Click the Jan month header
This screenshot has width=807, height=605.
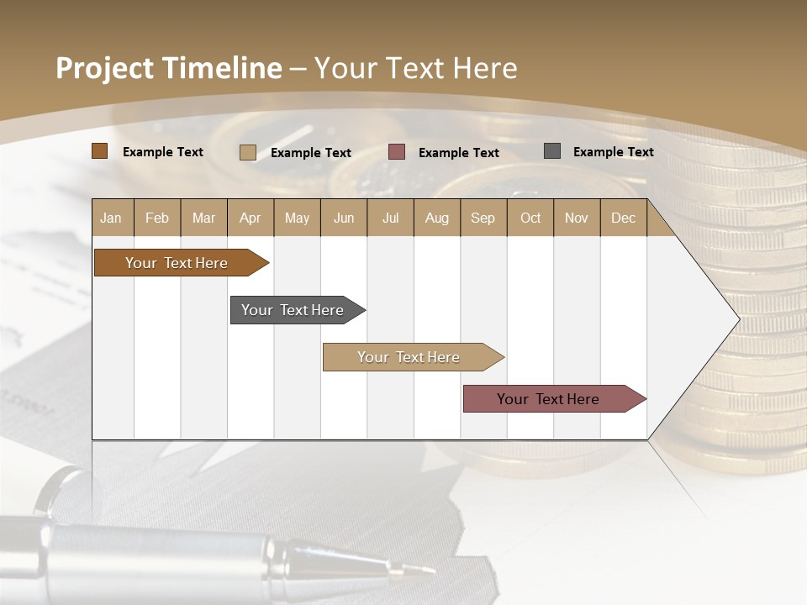[112, 218]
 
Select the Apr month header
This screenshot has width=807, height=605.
[251, 218]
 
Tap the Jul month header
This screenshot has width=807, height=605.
[390, 218]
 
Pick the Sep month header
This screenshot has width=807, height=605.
[483, 218]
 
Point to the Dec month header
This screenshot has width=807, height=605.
[623, 218]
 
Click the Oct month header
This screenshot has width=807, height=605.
[530, 218]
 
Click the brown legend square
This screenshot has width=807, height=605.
[100, 151]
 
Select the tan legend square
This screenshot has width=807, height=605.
[248, 152]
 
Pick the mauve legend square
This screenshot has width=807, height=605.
[397, 151]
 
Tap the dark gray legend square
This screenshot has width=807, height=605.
[552, 151]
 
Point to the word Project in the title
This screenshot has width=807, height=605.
[104, 68]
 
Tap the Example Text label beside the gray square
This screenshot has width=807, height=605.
[613, 151]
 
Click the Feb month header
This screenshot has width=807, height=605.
[157, 218]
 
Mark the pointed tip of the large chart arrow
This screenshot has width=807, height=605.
[738, 319]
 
